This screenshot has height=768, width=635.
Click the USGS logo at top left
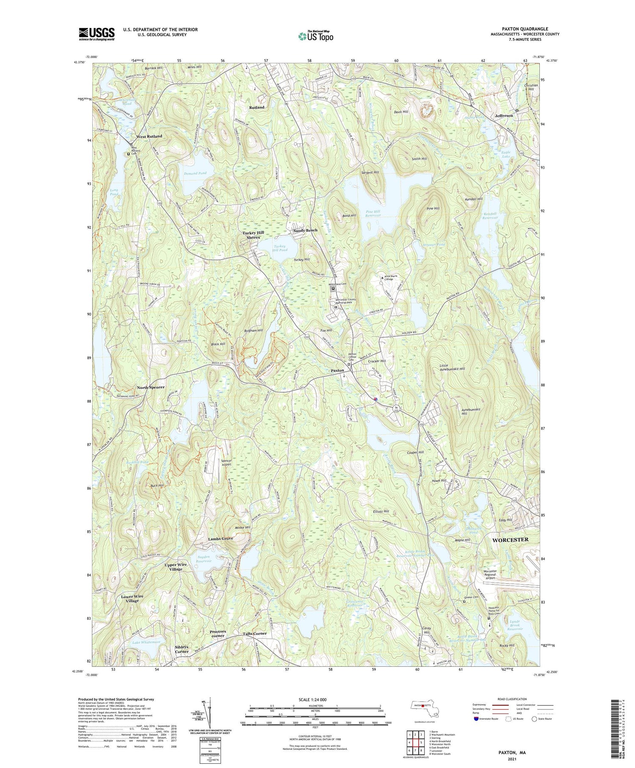97,34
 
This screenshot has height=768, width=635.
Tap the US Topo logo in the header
316,36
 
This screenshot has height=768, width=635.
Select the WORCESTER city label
510,540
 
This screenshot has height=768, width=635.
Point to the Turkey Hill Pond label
280,248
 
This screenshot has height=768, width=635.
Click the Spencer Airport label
226,463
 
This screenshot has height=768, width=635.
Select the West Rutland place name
149,136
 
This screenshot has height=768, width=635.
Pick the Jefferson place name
504,116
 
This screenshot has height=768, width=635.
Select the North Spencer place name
151,388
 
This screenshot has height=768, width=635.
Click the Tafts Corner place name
254,634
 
